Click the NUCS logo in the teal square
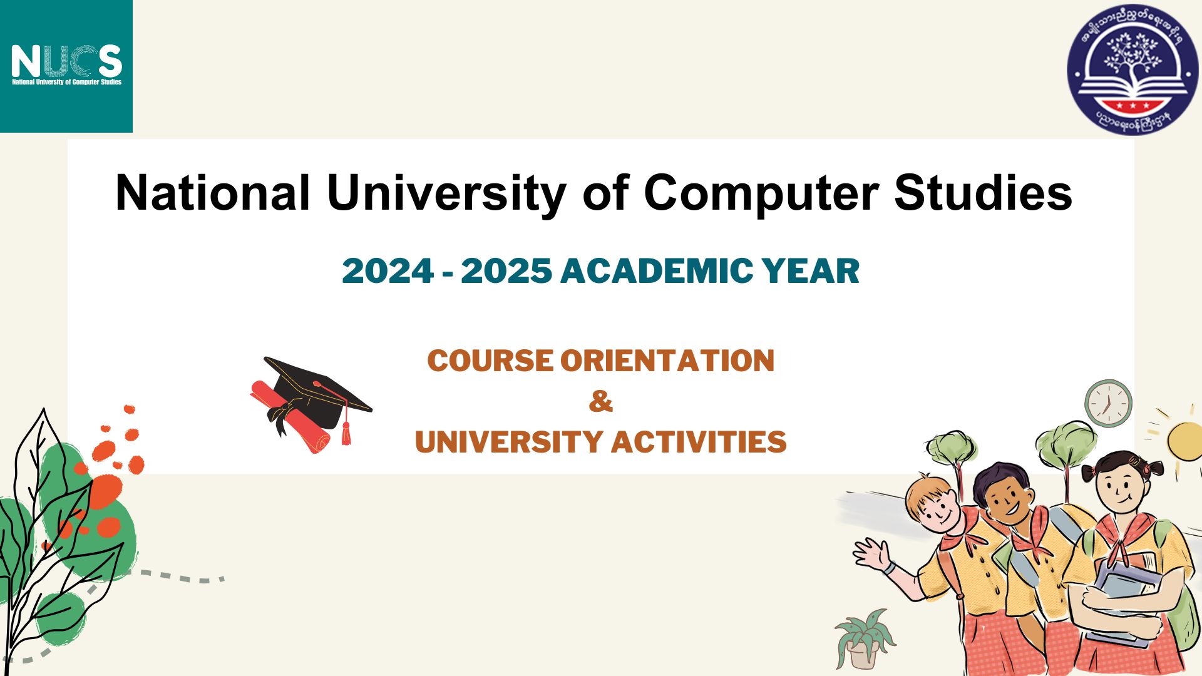click(x=66, y=64)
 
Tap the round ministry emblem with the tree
click(x=1132, y=68)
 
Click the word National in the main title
click(x=212, y=192)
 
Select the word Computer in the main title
click(x=761, y=192)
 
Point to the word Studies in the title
click(x=983, y=192)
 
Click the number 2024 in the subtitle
click(x=388, y=271)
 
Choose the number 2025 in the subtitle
click(x=506, y=271)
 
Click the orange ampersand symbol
click(x=600, y=401)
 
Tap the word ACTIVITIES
click(x=699, y=442)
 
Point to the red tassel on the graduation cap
click(x=346, y=432)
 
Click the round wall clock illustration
click(x=1108, y=404)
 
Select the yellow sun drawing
click(x=1185, y=441)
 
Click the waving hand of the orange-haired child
click(x=871, y=553)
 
